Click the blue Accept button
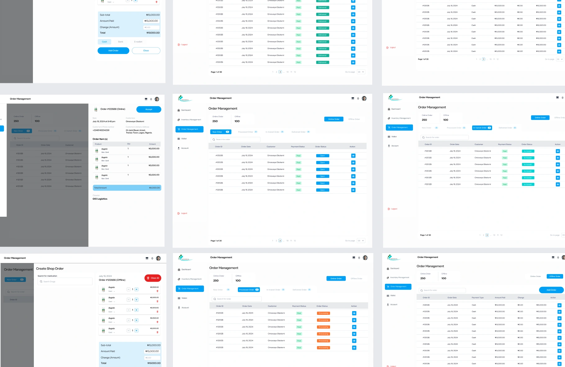[x=149, y=109]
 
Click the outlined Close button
[x=146, y=51]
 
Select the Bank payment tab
[x=120, y=42]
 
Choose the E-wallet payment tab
[x=138, y=42]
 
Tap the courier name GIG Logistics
[x=100, y=199]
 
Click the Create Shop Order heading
[x=50, y=269]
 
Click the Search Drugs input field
[x=65, y=281]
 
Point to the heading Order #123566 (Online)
[x=113, y=109]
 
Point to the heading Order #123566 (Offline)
[x=112, y=280]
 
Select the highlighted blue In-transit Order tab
[x=482, y=128]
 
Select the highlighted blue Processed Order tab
[x=248, y=290]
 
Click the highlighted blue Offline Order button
[x=554, y=276]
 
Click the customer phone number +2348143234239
[x=101, y=130]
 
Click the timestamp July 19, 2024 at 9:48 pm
[x=104, y=121]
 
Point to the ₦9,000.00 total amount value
[x=154, y=188]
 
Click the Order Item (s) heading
[x=100, y=139]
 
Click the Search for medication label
[x=47, y=276]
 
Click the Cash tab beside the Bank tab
[x=104, y=42]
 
